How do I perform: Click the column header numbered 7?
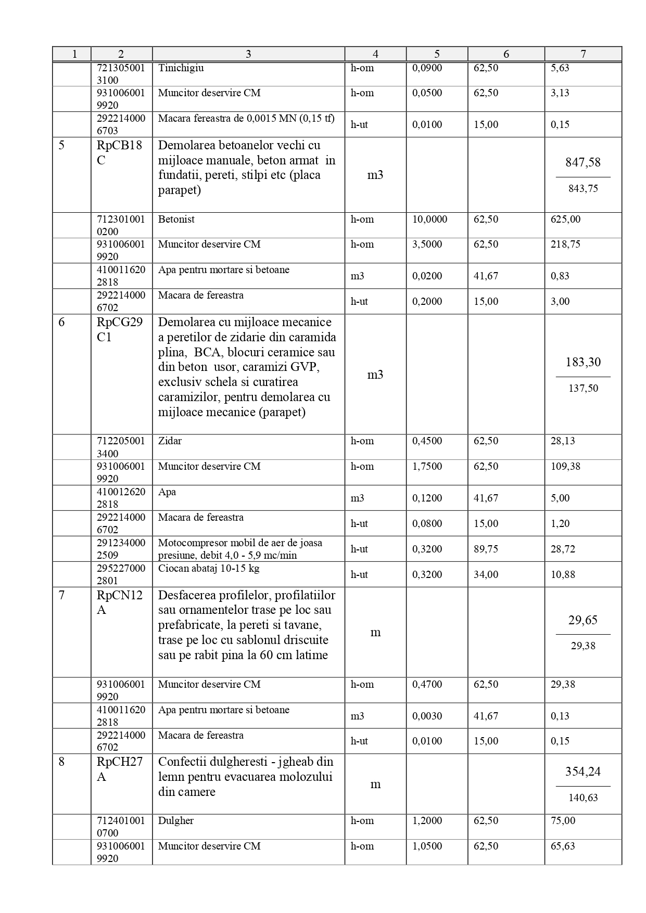(583, 54)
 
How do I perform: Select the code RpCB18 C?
(119, 152)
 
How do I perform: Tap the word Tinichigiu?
(181, 68)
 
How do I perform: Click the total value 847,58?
(583, 162)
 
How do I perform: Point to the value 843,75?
(583, 188)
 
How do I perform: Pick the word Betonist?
(176, 220)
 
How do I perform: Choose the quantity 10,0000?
(429, 220)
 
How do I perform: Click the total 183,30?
(583, 362)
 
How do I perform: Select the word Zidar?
(170, 441)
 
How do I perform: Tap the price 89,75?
(486, 549)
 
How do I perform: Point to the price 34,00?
(486, 574)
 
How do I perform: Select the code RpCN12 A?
(119, 602)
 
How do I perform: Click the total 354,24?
(583, 771)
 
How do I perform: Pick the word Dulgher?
(175, 821)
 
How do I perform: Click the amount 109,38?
(563, 467)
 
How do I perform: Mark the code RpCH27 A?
(119, 769)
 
